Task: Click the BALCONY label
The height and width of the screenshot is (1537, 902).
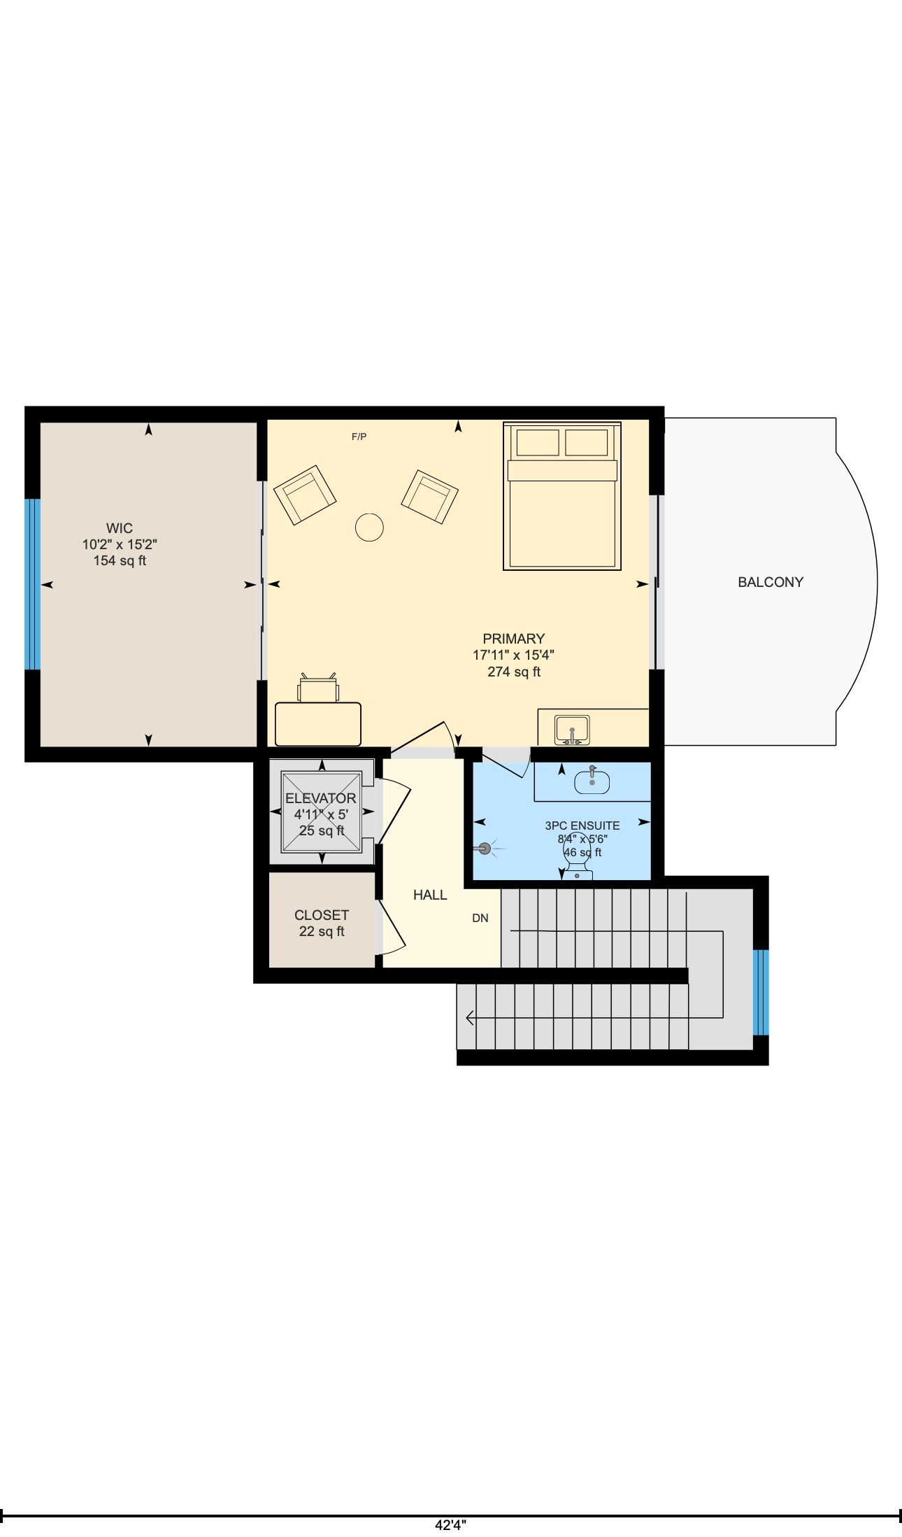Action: (x=771, y=582)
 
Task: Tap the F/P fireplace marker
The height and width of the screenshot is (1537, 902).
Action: (x=359, y=437)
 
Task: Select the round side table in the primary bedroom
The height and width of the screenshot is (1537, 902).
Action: (x=369, y=527)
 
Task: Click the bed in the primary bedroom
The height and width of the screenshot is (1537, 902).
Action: (x=562, y=496)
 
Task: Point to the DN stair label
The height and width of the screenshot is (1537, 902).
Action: (x=480, y=918)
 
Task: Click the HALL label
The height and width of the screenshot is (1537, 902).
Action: (x=430, y=895)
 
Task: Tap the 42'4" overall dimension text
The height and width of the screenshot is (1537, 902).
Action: (x=450, y=1525)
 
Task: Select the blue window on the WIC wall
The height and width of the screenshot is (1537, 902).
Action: (x=33, y=584)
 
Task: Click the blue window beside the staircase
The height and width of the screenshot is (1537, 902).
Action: (x=761, y=992)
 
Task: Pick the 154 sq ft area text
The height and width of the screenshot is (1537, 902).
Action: (x=120, y=560)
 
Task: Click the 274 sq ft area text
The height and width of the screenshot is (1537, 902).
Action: (x=514, y=672)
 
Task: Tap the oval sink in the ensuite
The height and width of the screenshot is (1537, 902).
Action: (x=592, y=781)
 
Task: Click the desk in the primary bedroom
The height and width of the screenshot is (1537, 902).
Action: (x=318, y=724)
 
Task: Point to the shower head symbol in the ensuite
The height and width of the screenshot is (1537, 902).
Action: (x=483, y=849)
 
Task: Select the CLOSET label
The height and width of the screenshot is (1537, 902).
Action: (x=322, y=915)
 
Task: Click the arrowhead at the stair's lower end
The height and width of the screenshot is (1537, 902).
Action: (x=469, y=1018)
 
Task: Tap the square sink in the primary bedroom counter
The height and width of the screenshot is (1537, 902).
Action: (x=572, y=730)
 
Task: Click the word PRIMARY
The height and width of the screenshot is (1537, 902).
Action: (x=514, y=639)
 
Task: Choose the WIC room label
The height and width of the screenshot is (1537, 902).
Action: (x=120, y=528)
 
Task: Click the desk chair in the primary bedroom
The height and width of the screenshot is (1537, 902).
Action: (x=318, y=688)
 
